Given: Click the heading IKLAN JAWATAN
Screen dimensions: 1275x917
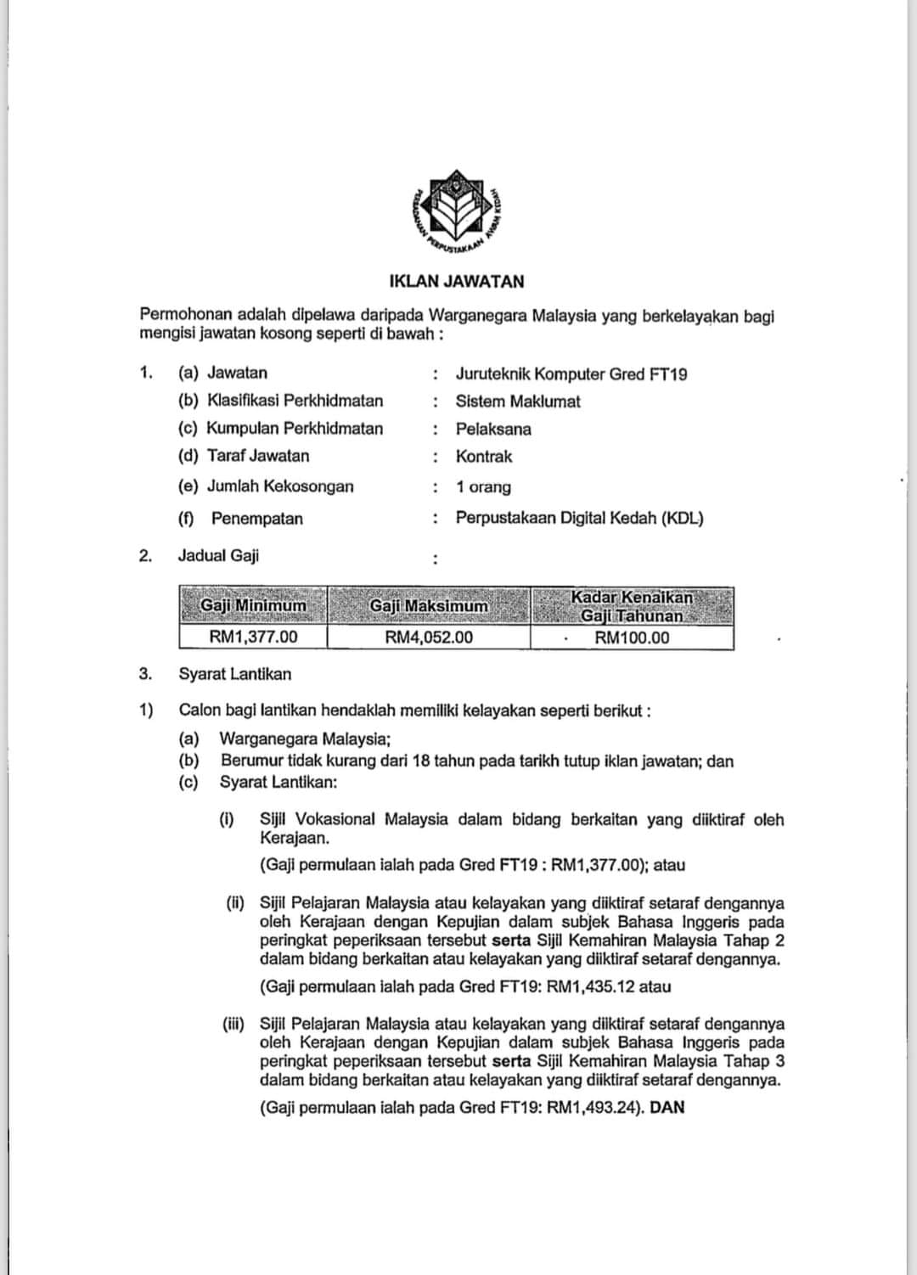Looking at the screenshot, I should pos(457,281).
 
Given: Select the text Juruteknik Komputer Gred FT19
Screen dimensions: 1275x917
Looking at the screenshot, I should pos(571,374).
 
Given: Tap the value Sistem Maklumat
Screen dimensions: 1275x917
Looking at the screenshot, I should pos(518,402).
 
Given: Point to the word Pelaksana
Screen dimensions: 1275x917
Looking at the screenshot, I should pos(493,429).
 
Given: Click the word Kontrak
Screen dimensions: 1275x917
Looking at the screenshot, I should pos(484,457).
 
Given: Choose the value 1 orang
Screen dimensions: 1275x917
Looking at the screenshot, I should pos(483,487).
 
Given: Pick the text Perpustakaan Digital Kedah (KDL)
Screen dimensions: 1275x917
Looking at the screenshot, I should pos(580,518).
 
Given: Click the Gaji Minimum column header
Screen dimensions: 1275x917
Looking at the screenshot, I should pos(253,606).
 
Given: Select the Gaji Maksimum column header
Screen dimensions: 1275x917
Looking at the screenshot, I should pos(429,606).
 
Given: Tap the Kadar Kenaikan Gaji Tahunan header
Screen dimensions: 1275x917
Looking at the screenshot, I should pos(632,606).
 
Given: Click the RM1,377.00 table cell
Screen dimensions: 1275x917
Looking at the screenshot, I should pos(253,637).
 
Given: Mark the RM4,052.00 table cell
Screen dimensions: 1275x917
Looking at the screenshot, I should pos(429,637).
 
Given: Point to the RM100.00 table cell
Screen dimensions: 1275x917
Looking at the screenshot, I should pos(632,637).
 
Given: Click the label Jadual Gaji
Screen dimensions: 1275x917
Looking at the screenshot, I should pos(218,555).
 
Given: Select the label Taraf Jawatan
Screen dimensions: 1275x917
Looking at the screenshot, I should pos(257,456).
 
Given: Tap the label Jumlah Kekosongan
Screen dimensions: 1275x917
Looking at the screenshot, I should pos(279,486).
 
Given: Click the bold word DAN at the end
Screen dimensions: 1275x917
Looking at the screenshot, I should pos(667,1107).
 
